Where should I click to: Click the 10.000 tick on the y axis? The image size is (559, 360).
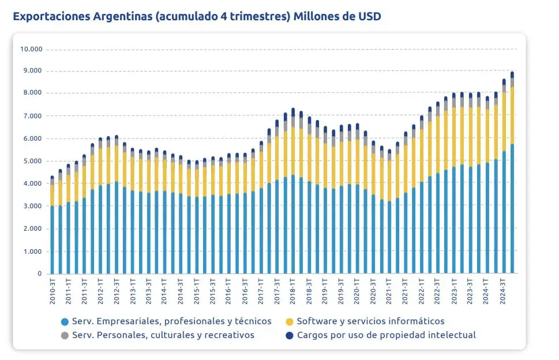point(31,49)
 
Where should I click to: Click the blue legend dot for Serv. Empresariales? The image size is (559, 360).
point(65,321)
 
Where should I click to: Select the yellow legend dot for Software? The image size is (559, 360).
point(290,321)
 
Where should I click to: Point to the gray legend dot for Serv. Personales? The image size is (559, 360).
point(65,335)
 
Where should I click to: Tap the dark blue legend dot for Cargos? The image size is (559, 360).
point(290,335)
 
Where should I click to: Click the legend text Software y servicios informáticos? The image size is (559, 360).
point(371,321)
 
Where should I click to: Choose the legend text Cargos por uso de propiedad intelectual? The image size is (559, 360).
point(387,335)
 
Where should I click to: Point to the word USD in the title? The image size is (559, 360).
point(368,16)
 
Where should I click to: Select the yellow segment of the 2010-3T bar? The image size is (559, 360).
point(52,195)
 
